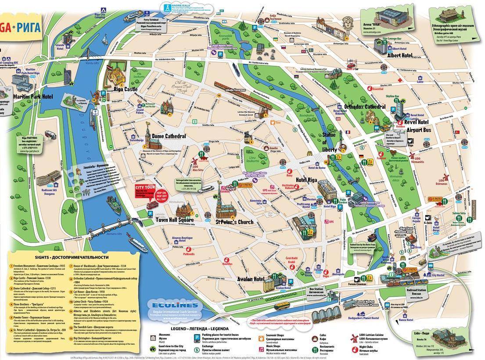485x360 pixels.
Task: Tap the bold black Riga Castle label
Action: pos(126,89)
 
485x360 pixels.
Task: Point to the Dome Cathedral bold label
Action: pos(169,136)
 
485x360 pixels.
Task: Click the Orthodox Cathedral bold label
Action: pos(365,107)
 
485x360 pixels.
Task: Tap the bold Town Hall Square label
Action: pos(175,219)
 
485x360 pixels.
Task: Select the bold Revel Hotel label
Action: pos(417,122)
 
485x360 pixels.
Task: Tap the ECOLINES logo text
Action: pos(169,305)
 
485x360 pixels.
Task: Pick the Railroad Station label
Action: pos(416,290)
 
